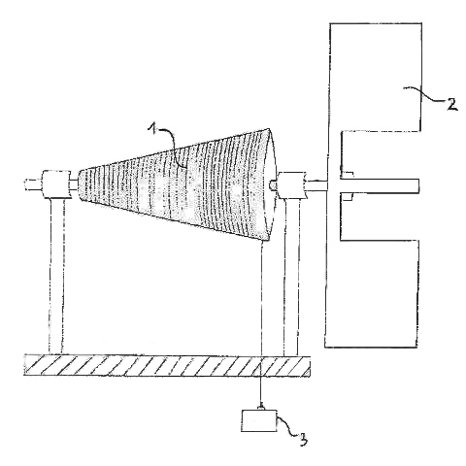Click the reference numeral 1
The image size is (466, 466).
[152, 129]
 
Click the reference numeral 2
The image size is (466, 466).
[452, 104]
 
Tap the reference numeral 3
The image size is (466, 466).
[303, 439]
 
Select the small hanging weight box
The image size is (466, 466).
[259, 420]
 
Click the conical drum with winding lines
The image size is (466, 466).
[178, 185]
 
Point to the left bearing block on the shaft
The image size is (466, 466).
[55, 184]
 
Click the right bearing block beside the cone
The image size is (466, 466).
[291, 185]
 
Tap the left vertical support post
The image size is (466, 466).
[55, 276]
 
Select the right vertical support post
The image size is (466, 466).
[290, 277]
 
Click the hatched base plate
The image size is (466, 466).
[167, 365]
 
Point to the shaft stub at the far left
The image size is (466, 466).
[33, 184]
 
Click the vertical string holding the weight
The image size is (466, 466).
[261, 324]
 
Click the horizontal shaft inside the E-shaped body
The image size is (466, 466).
[372, 185]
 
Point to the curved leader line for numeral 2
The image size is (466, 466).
[425, 94]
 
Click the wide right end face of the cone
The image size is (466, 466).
[270, 185]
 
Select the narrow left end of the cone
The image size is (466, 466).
[81, 185]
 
